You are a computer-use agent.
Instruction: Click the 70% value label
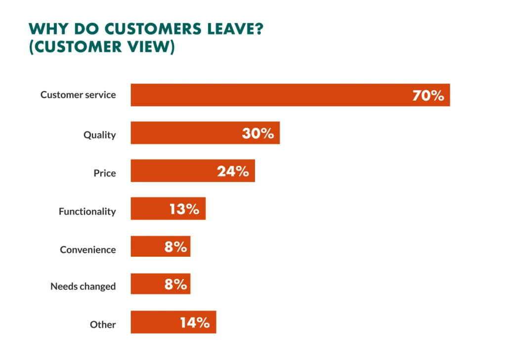(x=428, y=95)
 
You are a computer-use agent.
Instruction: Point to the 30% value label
(x=257, y=133)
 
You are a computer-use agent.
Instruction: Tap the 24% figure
(x=233, y=171)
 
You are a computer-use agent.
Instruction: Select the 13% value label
(x=184, y=209)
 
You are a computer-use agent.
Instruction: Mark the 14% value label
(x=194, y=322)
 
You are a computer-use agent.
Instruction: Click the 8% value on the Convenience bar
(x=176, y=246)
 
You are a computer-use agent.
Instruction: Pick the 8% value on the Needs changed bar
(x=176, y=284)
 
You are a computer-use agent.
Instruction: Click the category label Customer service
(x=78, y=94)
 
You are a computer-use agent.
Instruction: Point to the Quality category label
(x=99, y=135)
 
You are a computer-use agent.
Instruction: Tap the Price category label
(x=105, y=173)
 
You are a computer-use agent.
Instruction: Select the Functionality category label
(x=87, y=211)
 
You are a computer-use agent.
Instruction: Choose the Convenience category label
(x=88, y=249)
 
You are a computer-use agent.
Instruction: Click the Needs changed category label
(x=83, y=286)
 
